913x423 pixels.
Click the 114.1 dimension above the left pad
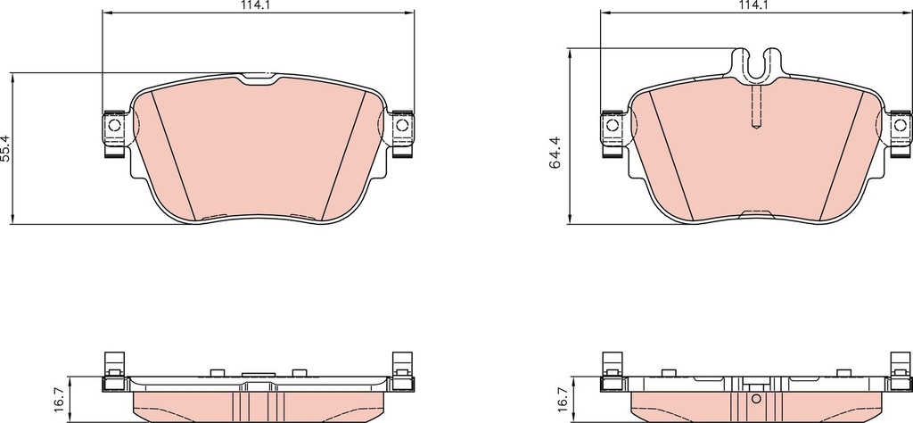(x=259, y=5)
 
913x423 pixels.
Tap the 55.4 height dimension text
(x=6, y=147)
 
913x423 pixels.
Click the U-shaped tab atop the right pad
(x=756, y=65)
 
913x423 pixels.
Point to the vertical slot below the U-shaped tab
(x=756, y=105)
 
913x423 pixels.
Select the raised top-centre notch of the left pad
(x=259, y=79)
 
